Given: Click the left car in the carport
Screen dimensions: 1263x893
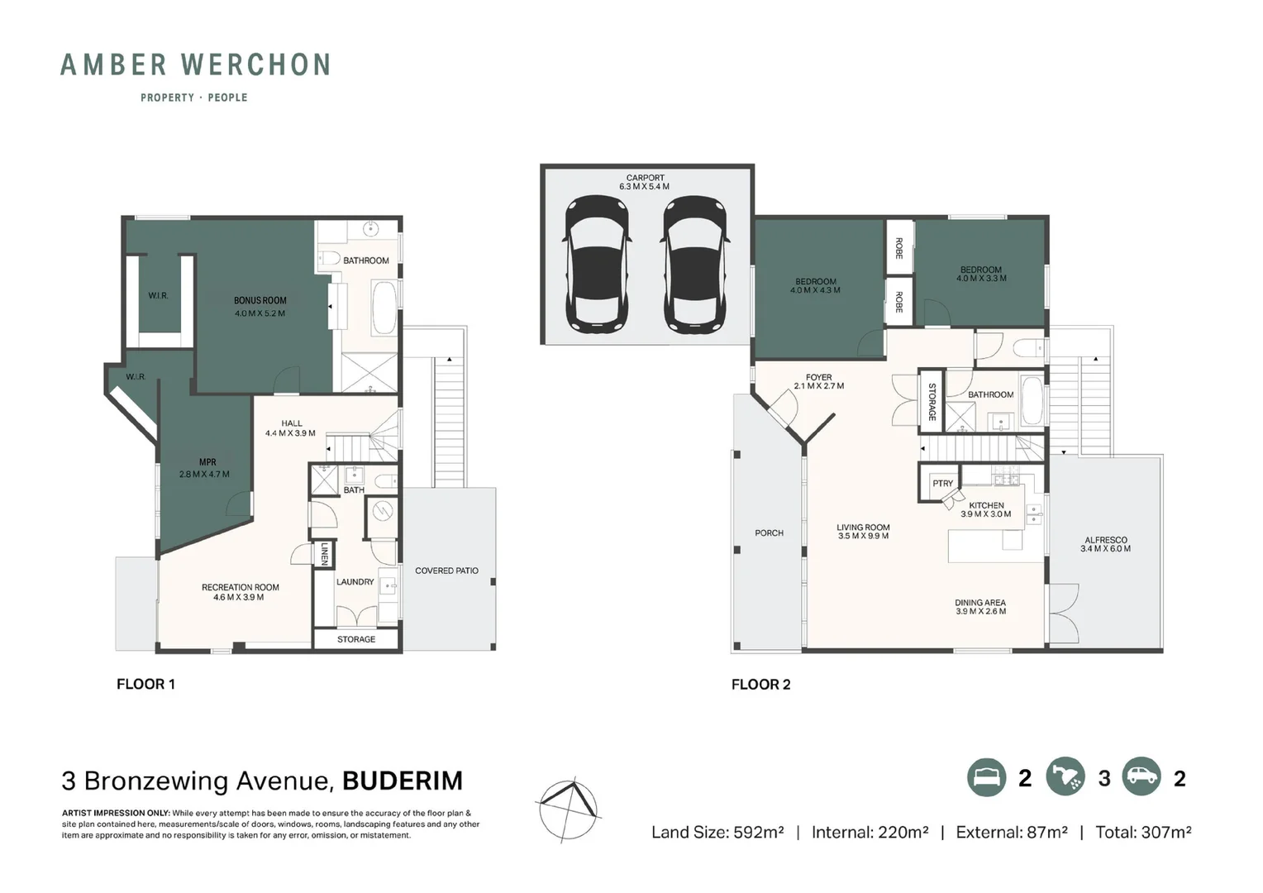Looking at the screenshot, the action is [x=597, y=265].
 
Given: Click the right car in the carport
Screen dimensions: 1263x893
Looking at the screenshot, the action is [x=695, y=265].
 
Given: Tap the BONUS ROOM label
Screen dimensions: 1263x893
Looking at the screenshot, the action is [x=260, y=301].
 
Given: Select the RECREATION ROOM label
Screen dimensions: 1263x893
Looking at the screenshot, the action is [x=240, y=587].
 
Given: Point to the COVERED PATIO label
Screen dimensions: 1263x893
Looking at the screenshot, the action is [x=446, y=571].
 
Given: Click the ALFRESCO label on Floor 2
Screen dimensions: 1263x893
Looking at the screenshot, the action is [x=1105, y=540].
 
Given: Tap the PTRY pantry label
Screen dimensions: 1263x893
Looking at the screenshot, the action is [x=942, y=484].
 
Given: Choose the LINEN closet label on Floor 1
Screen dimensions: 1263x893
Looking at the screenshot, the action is [x=325, y=554].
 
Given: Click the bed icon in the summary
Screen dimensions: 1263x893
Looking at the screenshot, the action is [x=987, y=778].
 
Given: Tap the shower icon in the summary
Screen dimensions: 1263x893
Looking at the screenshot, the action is [x=1065, y=778].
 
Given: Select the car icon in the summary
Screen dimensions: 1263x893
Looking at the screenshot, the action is [x=1141, y=778].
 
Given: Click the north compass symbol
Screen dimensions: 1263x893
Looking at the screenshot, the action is [x=569, y=809].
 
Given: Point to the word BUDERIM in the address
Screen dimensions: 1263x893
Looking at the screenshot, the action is [x=403, y=781].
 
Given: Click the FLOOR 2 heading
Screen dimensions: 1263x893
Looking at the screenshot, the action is [x=760, y=685].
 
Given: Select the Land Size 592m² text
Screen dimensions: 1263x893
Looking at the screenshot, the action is [x=717, y=833].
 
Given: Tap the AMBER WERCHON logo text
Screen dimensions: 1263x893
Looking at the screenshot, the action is [x=195, y=64].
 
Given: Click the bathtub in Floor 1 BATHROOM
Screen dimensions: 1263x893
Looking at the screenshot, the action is [x=384, y=308].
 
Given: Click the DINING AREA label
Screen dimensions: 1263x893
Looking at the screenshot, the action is [x=980, y=603].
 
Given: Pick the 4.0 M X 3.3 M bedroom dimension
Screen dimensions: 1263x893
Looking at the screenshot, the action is [x=981, y=279].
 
